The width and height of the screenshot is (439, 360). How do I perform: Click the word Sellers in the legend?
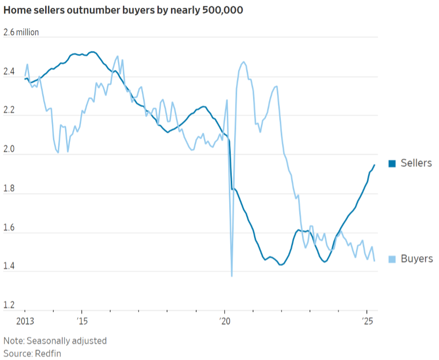(x=416, y=163)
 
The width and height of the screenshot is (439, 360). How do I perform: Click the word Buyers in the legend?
(x=417, y=258)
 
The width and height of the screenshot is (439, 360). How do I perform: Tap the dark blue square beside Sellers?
(x=392, y=164)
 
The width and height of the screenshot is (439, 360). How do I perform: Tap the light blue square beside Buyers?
(x=392, y=259)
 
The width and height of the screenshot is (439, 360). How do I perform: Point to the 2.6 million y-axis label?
(x=21, y=33)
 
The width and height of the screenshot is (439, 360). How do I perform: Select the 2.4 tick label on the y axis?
(x=9, y=72)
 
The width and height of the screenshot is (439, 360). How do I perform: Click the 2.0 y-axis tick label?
(x=9, y=150)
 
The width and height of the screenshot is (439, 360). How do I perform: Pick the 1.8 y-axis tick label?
(x=9, y=189)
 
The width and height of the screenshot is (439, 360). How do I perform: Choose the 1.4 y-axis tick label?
(x=9, y=267)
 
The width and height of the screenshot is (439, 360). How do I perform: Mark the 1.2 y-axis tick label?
(x=9, y=306)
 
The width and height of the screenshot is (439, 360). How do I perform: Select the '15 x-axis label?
(x=82, y=321)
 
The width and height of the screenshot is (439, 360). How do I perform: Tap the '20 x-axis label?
(x=224, y=321)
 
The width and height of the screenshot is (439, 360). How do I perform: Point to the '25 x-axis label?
(x=367, y=321)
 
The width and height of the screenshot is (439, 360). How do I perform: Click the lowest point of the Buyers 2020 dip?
(x=232, y=276)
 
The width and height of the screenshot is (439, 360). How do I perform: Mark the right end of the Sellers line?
(x=374, y=165)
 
